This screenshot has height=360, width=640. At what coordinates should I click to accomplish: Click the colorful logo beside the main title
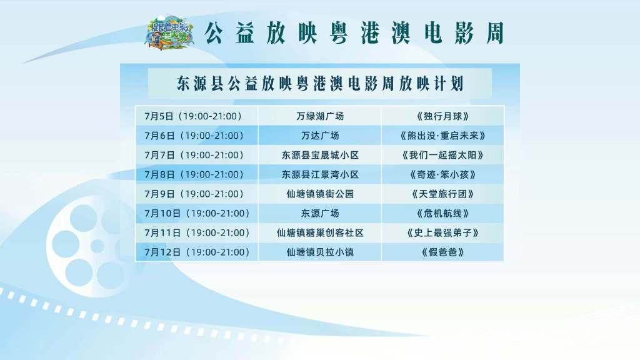tap(170, 32)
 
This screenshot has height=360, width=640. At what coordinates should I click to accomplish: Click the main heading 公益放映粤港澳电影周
tap(354, 33)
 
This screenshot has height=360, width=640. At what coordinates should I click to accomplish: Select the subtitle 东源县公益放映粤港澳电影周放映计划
tap(320, 83)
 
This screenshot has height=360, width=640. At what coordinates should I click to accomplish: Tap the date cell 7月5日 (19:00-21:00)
tap(193, 116)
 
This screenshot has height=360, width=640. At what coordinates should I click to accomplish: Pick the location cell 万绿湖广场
tap(320, 116)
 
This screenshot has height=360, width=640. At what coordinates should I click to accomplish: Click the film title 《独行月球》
tap(443, 116)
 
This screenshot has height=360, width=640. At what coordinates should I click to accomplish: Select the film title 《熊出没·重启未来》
tap(443, 136)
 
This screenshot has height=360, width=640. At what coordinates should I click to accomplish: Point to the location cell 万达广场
tap(320, 136)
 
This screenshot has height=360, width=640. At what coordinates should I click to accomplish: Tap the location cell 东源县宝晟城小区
tap(320, 155)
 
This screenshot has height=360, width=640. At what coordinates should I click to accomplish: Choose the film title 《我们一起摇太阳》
tap(443, 155)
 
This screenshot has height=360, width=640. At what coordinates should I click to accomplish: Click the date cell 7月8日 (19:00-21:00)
tap(194, 175)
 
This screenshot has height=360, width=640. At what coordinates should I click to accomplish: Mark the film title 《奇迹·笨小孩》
tap(443, 175)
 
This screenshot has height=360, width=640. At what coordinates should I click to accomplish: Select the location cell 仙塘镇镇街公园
tap(320, 194)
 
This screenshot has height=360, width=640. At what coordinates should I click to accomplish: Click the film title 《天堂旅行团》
tap(443, 194)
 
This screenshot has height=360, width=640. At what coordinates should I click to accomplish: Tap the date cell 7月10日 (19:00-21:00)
tap(197, 214)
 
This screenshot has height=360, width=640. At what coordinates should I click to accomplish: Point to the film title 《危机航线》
tap(443, 214)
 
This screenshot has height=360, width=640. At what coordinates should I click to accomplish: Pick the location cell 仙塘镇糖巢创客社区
tap(320, 232)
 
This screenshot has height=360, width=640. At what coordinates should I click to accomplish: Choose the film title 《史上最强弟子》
tap(443, 232)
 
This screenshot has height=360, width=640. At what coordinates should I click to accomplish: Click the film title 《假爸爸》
tap(443, 252)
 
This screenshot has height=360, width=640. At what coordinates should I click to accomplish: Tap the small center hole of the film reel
tap(97, 246)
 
